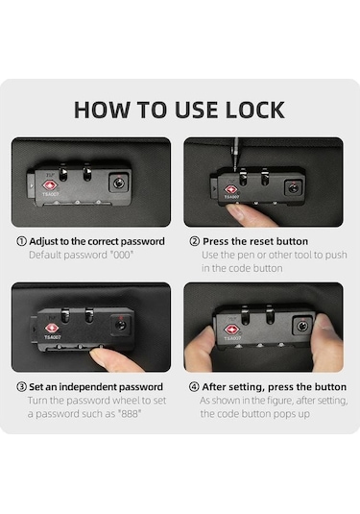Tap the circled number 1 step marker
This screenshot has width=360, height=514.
pyautogui.click(x=21, y=241)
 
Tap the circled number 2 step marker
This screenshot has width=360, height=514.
pyautogui.click(x=194, y=241)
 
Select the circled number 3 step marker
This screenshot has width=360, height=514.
pyautogui.click(x=21, y=387)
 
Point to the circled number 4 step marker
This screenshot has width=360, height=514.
pyautogui.click(x=194, y=387)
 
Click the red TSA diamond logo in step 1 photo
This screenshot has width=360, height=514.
pyautogui.click(x=50, y=185)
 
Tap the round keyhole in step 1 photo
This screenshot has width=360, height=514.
pyautogui.click(x=119, y=183)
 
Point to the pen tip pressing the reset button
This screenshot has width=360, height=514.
pyautogui.click(x=235, y=168)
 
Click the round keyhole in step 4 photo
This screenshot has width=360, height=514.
pyautogui.click(x=302, y=326)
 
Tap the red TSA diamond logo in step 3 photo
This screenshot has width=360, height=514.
pyautogui.click(x=51, y=328)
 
